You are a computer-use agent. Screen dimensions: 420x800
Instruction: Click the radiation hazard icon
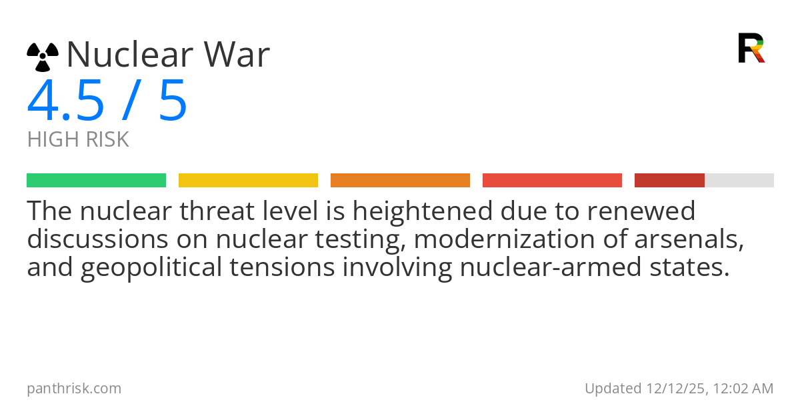43,57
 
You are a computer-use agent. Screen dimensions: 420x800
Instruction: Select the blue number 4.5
65,101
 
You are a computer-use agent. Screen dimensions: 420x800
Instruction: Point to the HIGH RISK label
78,140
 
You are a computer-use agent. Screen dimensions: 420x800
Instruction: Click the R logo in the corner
751,48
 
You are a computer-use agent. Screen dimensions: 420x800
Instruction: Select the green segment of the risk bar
96,181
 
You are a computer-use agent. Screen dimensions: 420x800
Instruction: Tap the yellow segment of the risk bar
248,181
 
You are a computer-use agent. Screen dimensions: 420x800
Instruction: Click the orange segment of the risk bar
400,181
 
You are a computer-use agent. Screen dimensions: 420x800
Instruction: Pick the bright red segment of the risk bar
552,181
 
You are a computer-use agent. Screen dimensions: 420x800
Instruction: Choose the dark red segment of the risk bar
669,181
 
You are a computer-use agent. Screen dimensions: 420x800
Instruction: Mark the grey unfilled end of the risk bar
739,181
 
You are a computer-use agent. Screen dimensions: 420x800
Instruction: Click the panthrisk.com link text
74,388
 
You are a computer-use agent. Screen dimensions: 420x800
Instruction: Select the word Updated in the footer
613,388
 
